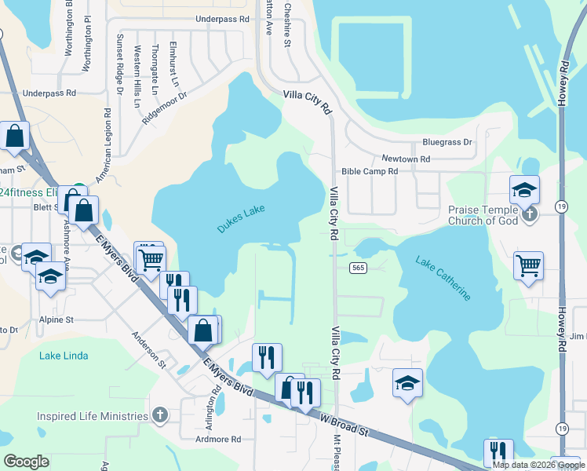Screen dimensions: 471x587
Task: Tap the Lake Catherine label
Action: tap(443, 279)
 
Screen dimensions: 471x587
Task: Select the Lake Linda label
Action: tap(64, 356)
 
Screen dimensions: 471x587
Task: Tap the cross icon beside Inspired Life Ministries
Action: tap(159, 415)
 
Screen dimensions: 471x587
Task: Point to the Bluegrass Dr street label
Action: tap(447, 142)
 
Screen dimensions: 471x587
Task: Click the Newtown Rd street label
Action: tap(406, 159)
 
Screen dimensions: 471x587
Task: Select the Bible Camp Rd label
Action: tap(370, 171)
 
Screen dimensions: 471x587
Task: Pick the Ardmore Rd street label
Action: tap(218, 440)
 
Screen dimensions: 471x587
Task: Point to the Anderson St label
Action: tap(149, 348)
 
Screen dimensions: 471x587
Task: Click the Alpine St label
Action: tap(57, 320)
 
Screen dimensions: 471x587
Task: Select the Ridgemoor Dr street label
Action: tap(165, 108)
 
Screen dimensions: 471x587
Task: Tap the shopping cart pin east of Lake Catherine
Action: tap(529, 265)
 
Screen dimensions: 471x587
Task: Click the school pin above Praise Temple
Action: tap(524, 190)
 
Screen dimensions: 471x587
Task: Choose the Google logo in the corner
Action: tap(27, 462)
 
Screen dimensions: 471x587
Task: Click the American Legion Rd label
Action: tap(104, 146)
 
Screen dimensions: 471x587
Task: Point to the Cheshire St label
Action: tap(287, 24)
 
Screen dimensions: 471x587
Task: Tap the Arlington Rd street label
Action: tap(212, 402)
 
